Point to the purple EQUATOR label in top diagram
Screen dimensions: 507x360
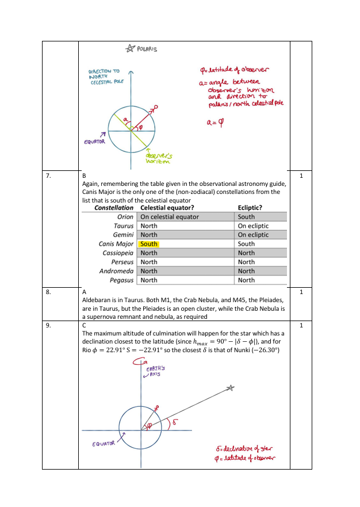(95, 142)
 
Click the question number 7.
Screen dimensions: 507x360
(49, 175)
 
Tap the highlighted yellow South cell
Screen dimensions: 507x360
(149, 244)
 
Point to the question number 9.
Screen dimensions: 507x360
(49, 325)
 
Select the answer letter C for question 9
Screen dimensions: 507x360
(85, 325)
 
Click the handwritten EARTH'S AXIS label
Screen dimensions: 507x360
(155, 371)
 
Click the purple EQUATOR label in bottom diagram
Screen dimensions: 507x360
(104, 444)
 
